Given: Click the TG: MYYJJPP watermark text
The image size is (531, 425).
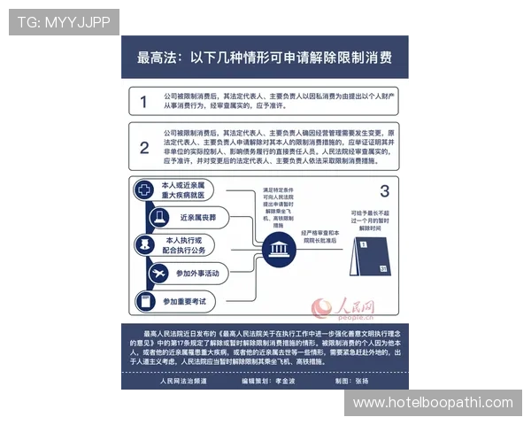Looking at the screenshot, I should tap(63, 21).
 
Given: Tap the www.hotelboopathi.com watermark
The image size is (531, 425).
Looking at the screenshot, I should tap(432, 403).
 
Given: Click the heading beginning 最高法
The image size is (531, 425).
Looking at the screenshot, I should tap(265, 58).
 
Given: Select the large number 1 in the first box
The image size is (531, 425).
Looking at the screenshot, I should tap(143, 103).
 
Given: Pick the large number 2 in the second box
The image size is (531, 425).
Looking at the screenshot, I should tap(143, 147).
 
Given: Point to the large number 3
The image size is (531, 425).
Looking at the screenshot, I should tap(383, 191).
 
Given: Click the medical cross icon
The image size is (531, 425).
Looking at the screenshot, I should tap(143, 189).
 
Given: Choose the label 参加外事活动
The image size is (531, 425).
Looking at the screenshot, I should tap(197, 274).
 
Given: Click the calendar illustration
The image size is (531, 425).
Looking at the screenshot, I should tap(369, 256).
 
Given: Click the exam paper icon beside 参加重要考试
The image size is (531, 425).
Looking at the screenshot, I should tap(143, 301).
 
